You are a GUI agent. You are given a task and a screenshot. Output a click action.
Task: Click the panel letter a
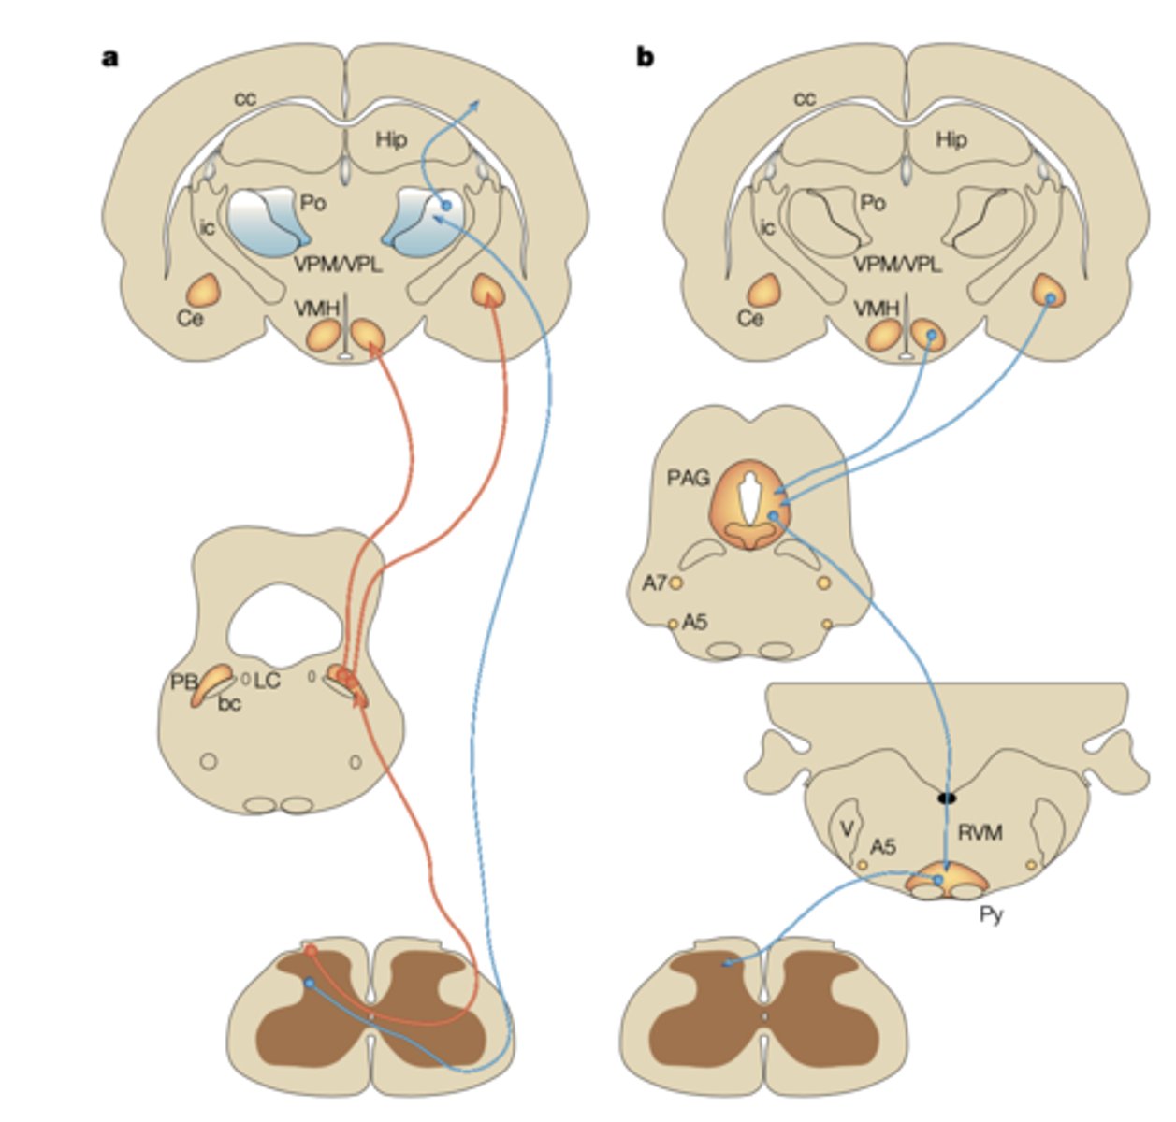point(110,58)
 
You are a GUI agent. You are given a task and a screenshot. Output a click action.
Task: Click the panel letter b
point(646,58)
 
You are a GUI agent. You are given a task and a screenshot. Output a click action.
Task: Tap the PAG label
point(688,479)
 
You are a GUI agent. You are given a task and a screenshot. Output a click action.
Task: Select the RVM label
point(980,831)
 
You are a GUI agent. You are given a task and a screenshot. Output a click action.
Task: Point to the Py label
point(991,914)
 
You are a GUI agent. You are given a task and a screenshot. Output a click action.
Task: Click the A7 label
point(654,583)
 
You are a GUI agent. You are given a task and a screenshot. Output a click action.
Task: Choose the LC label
point(267,680)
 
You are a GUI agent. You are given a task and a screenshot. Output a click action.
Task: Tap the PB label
point(182,683)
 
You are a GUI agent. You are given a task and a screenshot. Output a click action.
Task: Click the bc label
point(229,703)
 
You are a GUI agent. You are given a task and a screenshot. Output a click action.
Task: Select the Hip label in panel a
point(391,139)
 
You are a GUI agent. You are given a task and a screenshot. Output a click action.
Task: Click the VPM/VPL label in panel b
point(897,265)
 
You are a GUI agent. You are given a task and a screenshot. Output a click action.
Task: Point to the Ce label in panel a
point(190,318)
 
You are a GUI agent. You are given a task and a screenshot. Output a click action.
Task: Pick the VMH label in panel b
point(877,308)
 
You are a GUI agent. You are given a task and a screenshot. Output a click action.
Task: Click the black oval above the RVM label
point(948,798)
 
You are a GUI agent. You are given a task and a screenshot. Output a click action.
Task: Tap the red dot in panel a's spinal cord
point(311,951)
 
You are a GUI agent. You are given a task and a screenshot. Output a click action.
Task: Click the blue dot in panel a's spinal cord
point(310,983)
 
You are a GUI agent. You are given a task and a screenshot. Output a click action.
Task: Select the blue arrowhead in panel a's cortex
point(476,105)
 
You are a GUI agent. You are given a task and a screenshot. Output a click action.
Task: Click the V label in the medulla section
point(846,829)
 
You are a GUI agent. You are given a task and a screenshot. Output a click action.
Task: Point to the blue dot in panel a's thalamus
point(446,205)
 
